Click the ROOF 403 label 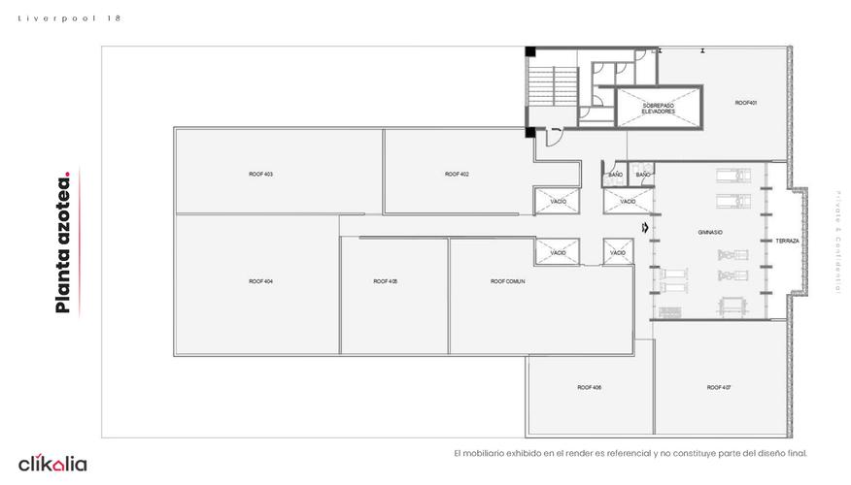(260, 174)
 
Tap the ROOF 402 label (457, 174)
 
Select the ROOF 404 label (260, 281)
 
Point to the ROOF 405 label (386, 281)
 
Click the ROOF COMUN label (508, 281)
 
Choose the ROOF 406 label (589, 387)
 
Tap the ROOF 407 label (719, 387)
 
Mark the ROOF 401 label (745, 103)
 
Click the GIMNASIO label (710, 233)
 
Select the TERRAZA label (787, 241)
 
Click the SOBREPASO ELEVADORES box (658, 109)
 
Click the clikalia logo (52, 464)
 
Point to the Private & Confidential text (836, 242)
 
